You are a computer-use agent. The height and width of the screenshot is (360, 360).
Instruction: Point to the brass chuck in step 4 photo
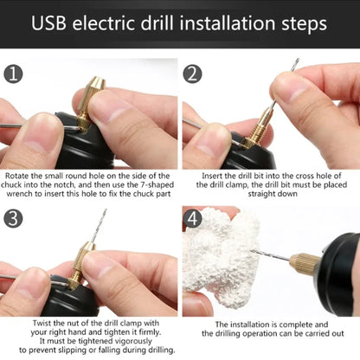point(305,261)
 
